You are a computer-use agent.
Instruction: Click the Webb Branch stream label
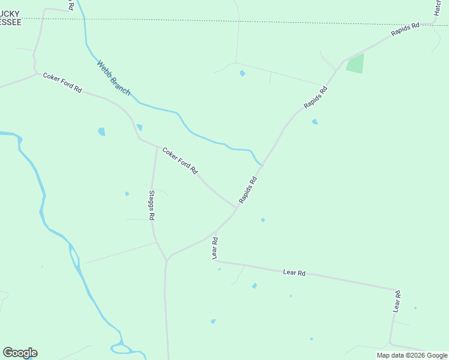coord(113,76)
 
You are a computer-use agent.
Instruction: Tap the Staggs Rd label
coord(152,205)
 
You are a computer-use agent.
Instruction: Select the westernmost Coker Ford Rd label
coord(62,83)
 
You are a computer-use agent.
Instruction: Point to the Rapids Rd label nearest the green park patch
coord(316,97)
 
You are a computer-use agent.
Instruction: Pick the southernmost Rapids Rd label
coord(249,189)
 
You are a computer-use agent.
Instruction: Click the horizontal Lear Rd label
coord(294,272)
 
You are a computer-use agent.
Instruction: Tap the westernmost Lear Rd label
coord(215,248)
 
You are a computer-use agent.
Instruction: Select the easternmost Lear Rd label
coord(397,301)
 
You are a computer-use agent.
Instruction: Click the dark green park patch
coord(355,64)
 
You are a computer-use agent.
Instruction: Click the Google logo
coord(20,353)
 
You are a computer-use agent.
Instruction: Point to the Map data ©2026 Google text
coord(412,355)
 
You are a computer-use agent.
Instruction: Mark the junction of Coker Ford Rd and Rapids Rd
coord(236,208)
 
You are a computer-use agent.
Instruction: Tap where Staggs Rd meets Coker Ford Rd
coord(157,146)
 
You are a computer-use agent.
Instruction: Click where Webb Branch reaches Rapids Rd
coord(262,164)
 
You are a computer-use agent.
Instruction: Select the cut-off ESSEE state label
coord(10,22)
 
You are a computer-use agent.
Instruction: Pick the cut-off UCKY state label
coord(10,13)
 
